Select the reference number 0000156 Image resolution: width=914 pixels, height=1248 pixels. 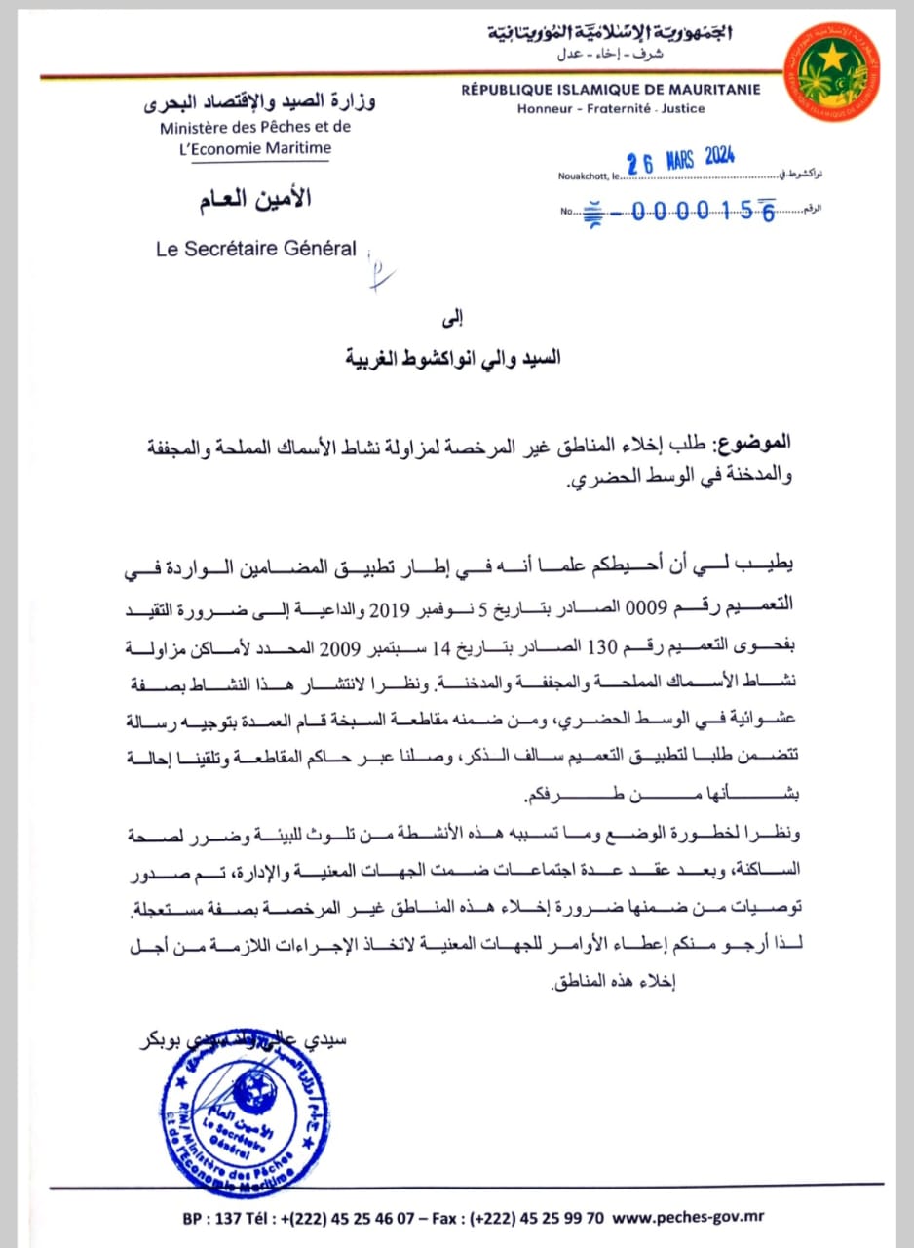[x=703, y=211]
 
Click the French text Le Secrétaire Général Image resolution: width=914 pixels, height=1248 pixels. [x=256, y=249]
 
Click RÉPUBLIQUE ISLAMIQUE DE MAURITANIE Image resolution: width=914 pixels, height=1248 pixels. [x=612, y=90]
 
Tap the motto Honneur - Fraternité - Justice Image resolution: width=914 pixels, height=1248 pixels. [x=611, y=108]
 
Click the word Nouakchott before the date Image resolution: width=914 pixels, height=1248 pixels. [x=581, y=176]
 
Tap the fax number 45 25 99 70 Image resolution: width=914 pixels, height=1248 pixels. [x=554, y=1218]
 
